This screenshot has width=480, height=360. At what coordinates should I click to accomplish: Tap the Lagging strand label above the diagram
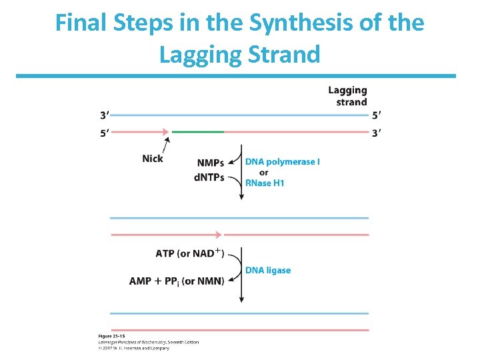coord(348,96)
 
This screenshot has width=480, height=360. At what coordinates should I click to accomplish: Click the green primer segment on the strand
coord(198,132)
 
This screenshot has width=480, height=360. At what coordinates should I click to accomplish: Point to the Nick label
coord(153,159)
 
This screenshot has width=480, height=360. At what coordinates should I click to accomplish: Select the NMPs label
coord(210,163)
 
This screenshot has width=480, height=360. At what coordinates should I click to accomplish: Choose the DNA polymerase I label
coord(283,162)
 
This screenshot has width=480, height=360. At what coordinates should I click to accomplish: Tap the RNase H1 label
coord(265,183)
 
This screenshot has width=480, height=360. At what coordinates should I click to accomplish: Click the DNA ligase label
coord(268,270)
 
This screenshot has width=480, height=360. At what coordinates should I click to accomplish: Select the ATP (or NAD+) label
coord(190,253)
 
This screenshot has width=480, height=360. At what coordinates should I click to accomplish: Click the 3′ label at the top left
coord(105,114)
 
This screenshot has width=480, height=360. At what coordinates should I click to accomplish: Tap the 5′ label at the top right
coord(376,114)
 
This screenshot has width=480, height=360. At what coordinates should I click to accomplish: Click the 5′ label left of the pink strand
coord(105,133)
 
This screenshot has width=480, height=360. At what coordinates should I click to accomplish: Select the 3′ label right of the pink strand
coord(376,133)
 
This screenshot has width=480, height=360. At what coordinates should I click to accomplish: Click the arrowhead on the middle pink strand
coord(217,235)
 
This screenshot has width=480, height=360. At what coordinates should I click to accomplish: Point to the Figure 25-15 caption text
coord(111,336)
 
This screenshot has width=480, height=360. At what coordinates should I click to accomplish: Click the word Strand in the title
coord(283,54)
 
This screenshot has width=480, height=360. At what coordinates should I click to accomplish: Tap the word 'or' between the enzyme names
coord(264,173)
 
